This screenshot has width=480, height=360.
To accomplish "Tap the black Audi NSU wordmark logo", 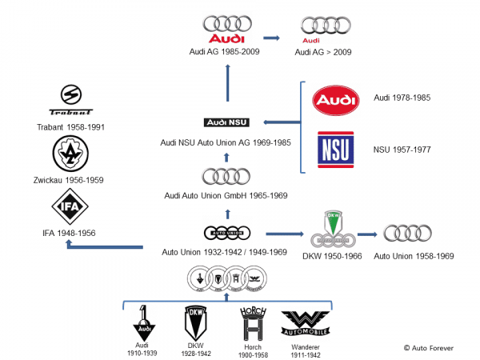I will click(227, 122).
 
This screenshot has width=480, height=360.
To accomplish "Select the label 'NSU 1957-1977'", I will click(402, 149).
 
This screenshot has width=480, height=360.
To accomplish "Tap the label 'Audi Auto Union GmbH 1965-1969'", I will click(227, 195).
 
